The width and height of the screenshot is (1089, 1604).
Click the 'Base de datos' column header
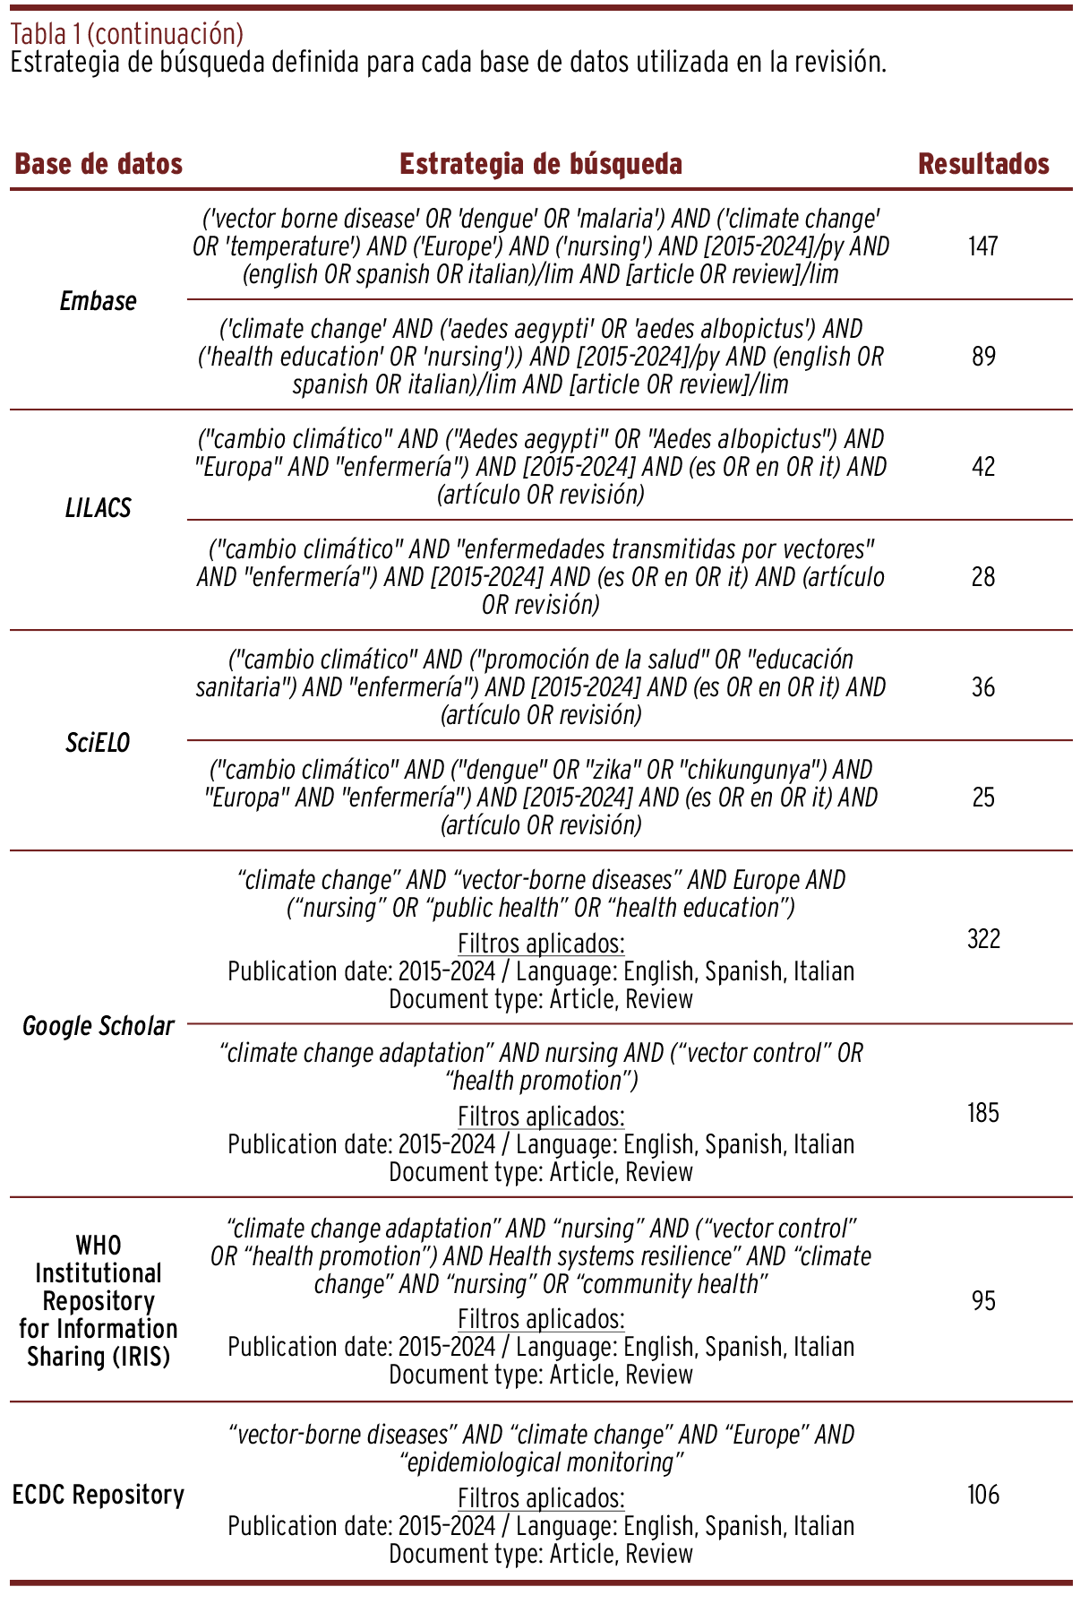point(99,164)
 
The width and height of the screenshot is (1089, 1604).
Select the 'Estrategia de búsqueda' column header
point(540,164)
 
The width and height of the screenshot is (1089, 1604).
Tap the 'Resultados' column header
point(983,164)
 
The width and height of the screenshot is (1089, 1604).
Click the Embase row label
point(98,301)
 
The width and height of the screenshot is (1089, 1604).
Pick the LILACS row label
point(98,508)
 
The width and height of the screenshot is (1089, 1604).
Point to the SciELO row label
point(98,743)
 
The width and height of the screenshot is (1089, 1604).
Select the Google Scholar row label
point(98,1026)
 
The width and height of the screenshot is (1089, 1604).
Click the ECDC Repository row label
point(98,1495)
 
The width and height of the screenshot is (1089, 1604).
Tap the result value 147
point(982,246)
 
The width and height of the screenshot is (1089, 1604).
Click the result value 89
point(983,357)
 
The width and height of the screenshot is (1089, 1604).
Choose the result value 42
point(983,467)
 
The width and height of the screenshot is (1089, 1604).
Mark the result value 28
point(983,577)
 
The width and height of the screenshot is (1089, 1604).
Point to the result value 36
point(983,687)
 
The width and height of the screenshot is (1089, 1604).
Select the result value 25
point(983,798)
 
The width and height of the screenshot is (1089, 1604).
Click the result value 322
point(983,939)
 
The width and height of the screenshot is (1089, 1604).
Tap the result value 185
point(983,1113)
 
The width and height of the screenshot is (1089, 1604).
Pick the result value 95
point(983,1300)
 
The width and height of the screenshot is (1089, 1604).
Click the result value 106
point(983,1495)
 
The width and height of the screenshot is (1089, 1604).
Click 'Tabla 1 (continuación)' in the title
point(126,34)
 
